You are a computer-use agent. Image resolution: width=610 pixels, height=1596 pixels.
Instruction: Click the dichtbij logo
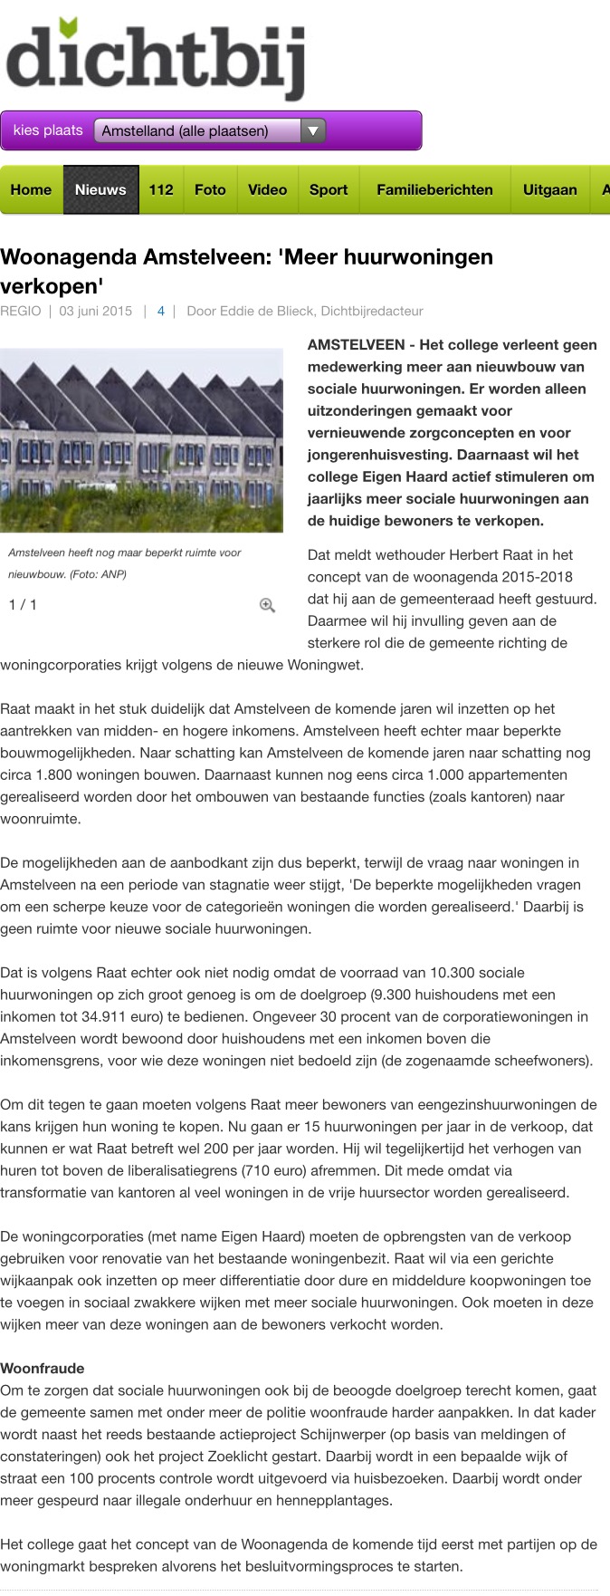(155, 60)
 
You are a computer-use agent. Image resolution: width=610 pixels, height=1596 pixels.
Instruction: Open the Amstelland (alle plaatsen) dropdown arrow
(312, 130)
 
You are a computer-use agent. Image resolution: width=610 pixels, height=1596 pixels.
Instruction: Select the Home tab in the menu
(31, 189)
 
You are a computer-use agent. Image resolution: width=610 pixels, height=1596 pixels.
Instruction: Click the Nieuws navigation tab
(100, 189)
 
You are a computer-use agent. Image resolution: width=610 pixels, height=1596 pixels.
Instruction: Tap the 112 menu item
(161, 189)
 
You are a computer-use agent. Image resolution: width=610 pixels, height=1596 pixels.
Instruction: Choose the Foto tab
(210, 189)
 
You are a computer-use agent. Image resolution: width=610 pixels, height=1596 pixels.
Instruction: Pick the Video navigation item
(267, 189)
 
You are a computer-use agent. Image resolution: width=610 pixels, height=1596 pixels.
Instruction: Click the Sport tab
(329, 189)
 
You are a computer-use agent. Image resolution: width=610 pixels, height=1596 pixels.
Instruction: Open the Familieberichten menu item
(434, 189)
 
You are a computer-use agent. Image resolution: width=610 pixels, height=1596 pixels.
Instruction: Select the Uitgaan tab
(549, 189)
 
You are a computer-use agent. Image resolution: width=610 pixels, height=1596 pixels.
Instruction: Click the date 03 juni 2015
(96, 311)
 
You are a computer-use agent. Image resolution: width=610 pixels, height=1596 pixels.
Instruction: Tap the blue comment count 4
(161, 311)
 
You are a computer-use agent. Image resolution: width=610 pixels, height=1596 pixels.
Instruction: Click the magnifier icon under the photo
(267, 605)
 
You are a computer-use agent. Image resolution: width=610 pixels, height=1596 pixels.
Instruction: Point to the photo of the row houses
(141, 440)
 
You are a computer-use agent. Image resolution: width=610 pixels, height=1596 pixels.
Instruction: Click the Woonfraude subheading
(43, 1368)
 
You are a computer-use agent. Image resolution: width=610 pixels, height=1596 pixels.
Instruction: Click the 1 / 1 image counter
(23, 604)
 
